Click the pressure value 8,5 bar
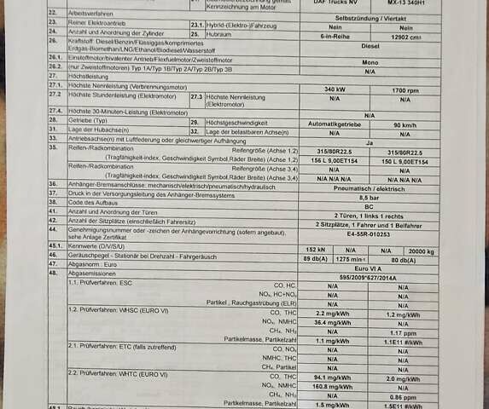point(370,197)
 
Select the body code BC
point(370,206)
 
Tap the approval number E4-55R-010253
point(370,233)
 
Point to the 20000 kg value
point(421,251)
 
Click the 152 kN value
point(315,251)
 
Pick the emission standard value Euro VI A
point(370,268)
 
